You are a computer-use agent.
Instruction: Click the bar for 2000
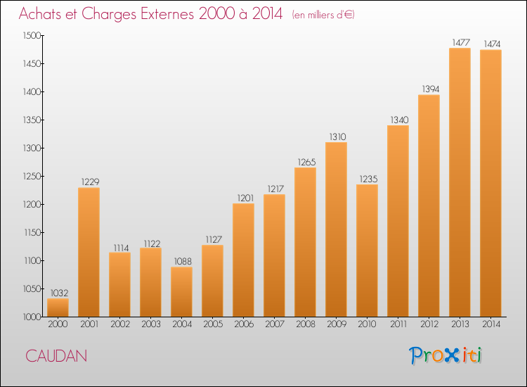pos(58,307)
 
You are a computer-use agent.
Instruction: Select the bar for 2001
pos(89,252)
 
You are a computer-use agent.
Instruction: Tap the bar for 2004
pos(181,292)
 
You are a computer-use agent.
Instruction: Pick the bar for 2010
pos(367,250)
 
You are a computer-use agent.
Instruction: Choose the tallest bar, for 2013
pos(460,182)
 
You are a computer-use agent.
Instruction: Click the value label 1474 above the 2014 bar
pos(492,44)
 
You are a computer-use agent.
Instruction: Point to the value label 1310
pos(337,137)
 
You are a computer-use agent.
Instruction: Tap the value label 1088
pos(183,262)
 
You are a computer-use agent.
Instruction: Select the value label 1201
pos(245,198)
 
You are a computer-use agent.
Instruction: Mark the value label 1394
pos(431,89)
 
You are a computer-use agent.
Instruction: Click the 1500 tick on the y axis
pos(32,36)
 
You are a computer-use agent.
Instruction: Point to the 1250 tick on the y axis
pos(32,177)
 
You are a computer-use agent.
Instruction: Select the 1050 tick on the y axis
pos(32,288)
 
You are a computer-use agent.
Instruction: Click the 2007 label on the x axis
pos(275,324)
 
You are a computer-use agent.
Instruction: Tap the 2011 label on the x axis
pos(398,324)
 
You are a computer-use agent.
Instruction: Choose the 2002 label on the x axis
pos(120,324)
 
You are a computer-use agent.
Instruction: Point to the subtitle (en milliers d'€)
pos(323,15)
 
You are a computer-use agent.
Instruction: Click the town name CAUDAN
pos(56,356)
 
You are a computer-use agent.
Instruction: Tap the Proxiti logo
pos(445,355)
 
